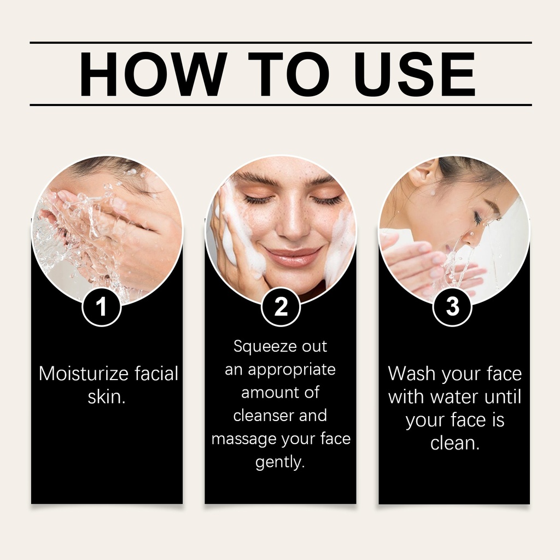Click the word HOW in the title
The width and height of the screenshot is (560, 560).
point(153,74)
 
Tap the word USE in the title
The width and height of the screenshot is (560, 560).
point(415,74)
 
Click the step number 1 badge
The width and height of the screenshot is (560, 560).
point(102,306)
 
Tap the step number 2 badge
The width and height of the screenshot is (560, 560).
point(281,306)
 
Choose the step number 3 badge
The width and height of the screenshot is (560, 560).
point(452,306)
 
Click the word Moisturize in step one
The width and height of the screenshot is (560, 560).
point(84,374)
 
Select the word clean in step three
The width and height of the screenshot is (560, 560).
point(452,443)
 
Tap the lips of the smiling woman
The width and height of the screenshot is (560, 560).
point(292,256)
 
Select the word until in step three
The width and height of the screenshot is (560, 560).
point(503,397)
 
